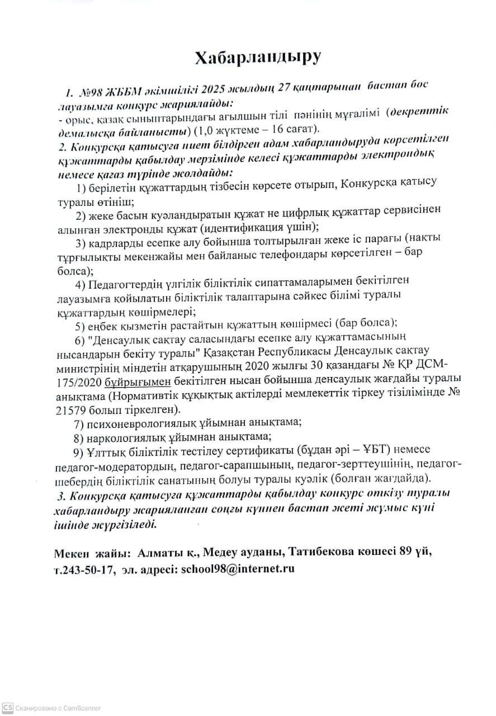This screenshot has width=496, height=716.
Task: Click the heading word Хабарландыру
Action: pyautogui.click(x=258, y=58)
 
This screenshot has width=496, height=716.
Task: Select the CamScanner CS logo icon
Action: pyautogui.click(x=7, y=708)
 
